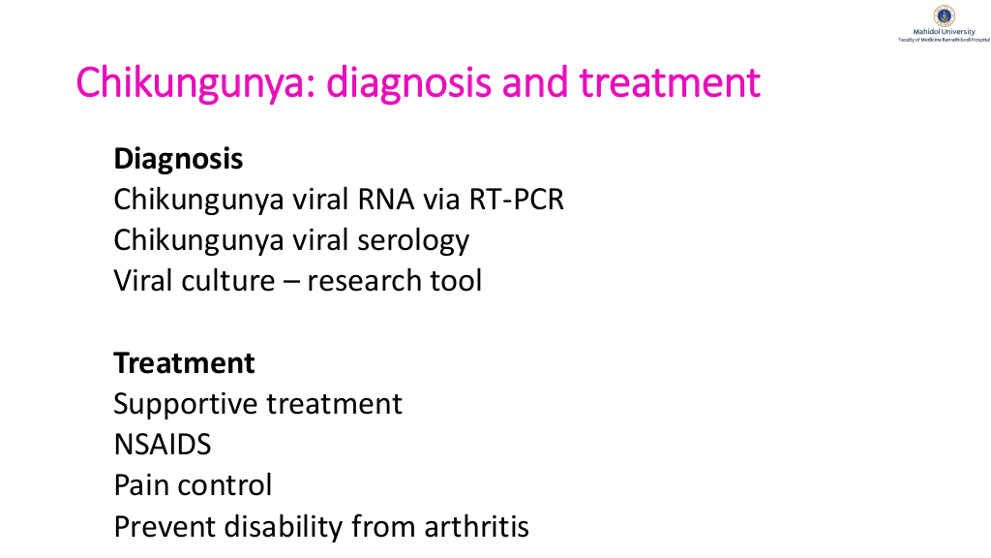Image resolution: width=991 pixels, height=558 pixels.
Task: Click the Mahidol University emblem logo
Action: click(x=945, y=15)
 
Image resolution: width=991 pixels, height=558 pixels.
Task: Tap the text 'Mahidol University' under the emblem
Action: click(x=945, y=32)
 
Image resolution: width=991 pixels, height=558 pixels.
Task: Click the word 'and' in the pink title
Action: click(x=535, y=82)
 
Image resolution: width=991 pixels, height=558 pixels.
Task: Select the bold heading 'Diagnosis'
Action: click(x=178, y=159)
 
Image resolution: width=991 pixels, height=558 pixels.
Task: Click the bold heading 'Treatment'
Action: click(x=184, y=363)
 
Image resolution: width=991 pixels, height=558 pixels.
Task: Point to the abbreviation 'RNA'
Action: click(x=386, y=200)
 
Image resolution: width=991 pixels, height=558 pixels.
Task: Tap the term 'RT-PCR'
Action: click(x=517, y=200)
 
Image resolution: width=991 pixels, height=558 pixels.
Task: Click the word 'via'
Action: click(x=441, y=200)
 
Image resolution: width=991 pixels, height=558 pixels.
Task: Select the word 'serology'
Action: click(x=413, y=241)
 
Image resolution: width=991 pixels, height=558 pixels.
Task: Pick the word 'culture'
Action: click(x=228, y=281)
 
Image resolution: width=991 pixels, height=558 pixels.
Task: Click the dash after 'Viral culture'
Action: click(x=291, y=282)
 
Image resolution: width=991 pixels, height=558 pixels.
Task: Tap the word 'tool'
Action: click(x=457, y=281)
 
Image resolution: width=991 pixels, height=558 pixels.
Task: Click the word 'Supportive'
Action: click(x=186, y=404)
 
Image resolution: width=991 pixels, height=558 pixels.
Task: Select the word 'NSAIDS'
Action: click(x=163, y=445)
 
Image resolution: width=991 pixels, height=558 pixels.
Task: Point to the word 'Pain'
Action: click(x=141, y=485)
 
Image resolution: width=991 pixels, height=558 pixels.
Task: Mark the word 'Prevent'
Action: click(x=165, y=527)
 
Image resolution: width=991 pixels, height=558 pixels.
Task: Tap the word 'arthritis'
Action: click(x=476, y=526)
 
